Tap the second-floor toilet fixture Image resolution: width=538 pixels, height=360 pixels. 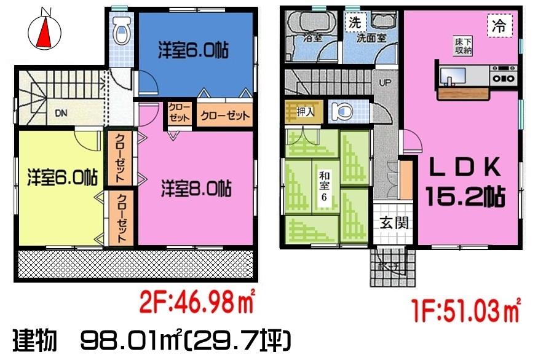[x=122, y=31]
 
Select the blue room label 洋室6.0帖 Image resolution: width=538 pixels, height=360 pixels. [x=193, y=51]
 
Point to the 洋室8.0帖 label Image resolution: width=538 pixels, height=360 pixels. [x=196, y=188]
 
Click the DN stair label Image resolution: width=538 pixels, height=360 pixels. [x=61, y=113]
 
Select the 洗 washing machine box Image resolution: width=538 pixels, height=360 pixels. [x=355, y=23]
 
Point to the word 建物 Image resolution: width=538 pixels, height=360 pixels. [x=36, y=338]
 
